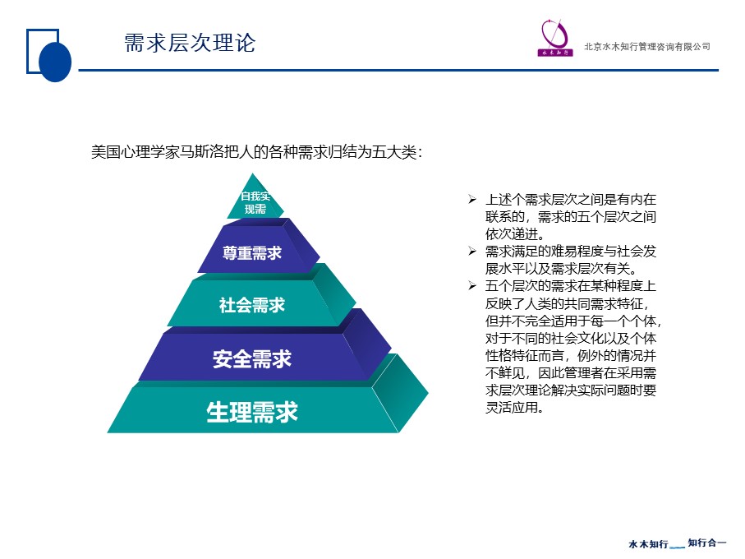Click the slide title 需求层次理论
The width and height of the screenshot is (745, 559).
[190, 43]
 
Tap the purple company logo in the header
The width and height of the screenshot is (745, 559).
[555, 38]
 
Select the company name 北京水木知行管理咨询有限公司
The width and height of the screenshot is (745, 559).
[647, 47]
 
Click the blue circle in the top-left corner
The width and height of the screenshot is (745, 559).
[55, 62]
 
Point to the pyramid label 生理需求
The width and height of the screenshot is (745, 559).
[252, 412]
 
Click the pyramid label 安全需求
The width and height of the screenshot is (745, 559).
[252, 359]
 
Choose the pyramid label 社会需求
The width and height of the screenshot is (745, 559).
[252, 305]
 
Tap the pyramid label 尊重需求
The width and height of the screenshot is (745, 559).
[252, 253]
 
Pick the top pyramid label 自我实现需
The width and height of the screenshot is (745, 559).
[255, 202]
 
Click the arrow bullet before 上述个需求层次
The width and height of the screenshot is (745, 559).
[471, 199]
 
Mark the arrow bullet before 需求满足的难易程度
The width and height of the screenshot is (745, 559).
[471, 251]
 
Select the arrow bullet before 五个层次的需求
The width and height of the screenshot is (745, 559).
[471, 286]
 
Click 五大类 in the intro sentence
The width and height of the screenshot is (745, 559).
[394, 152]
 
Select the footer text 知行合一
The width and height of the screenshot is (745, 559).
[707, 543]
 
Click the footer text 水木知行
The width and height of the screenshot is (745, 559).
[649, 543]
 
